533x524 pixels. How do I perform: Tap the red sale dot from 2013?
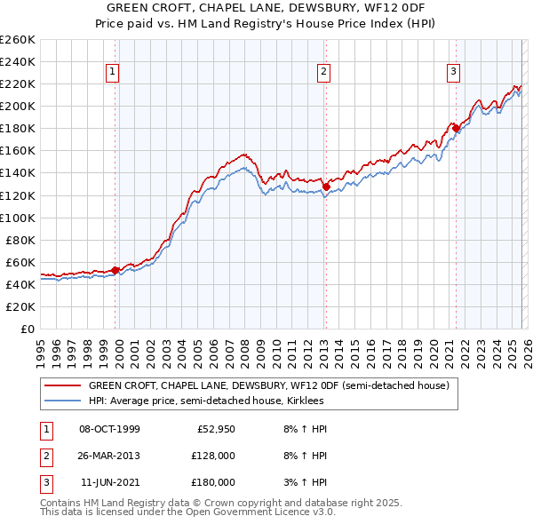pyautogui.click(x=326, y=187)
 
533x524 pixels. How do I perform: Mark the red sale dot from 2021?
pyautogui.click(x=456, y=129)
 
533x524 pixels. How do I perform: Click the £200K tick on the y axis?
pyautogui.click(x=18, y=106)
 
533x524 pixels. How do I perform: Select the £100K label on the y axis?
pyautogui.click(x=18, y=218)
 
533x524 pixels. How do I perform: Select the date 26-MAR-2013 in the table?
pyautogui.click(x=109, y=456)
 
